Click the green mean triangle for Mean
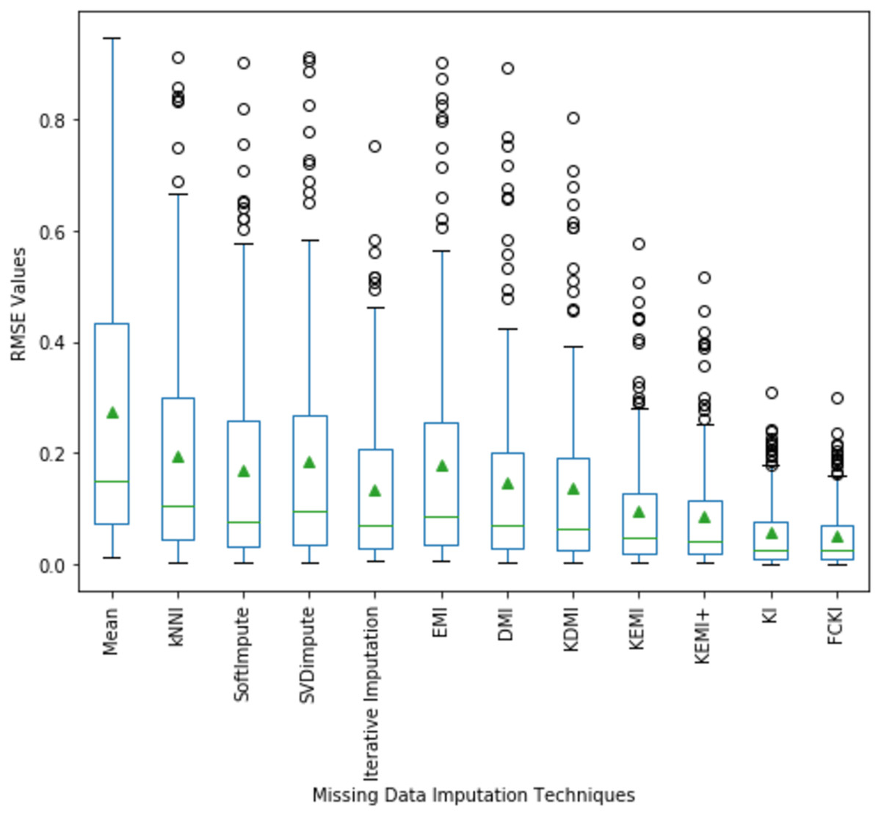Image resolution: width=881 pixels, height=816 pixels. [x=112, y=413]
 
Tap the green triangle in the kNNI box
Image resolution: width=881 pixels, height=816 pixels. [x=178, y=457]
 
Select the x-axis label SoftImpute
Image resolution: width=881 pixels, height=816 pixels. [x=243, y=654]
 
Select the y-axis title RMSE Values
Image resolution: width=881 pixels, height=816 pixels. [x=19, y=304]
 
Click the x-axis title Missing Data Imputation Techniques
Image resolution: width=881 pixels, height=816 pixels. [x=474, y=795]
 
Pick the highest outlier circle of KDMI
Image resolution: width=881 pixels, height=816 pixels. [x=573, y=118]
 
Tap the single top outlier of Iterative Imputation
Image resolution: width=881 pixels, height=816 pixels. [x=374, y=147]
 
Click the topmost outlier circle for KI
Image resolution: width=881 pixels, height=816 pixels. [x=771, y=393]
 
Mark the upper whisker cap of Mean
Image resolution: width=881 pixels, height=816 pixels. [x=112, y=38]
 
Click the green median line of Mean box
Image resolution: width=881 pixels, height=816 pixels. [x=112, y=481]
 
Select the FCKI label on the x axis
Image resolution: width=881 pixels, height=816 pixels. [x=835, y=627]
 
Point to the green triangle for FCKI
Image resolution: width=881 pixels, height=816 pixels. [x=837, y=537]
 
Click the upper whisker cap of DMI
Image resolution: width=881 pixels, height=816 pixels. [x=507, y=329]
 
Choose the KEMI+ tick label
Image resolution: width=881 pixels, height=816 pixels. [x=703, y=636]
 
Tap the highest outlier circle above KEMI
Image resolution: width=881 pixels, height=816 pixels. [x=639, y=244]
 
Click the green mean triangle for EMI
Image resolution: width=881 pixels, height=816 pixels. [x=441, y=466]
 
